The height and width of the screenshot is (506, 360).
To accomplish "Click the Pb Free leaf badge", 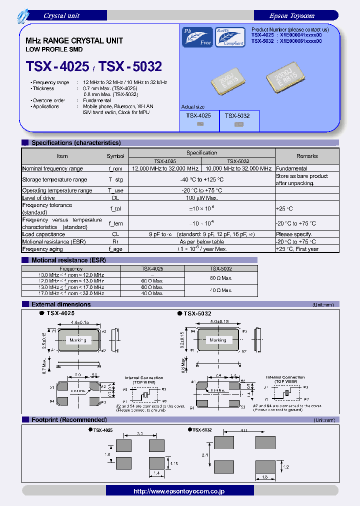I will pyautogui.click(x=197, y=37).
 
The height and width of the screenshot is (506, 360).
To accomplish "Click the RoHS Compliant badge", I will pyautogui.click(x=230, y=37).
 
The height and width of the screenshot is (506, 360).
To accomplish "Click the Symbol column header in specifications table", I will pyautogui.click(x=115, y=156).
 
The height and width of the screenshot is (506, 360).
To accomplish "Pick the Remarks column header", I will pyautogui.click(x=306, y=156).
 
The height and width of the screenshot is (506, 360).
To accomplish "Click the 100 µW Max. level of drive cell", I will pyautogui.click(x=202, y=198).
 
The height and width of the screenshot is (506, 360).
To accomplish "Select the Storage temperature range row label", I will pyautogui.click(x=54, y=179).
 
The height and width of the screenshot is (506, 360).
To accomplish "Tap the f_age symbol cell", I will pyautogui.click(x=115, y=248).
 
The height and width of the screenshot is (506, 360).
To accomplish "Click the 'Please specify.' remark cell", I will pyautogui.click(x=294, y=234).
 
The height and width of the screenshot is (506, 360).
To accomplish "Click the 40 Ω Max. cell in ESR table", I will pyautogui.click(x=152, y=293).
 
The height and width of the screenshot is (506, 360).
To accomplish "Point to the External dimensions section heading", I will pyautogui.click(x=61, y=304).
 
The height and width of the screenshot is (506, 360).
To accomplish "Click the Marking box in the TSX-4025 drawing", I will pyautogui.click(x=77, y=340).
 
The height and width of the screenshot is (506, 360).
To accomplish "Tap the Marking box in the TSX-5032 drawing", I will pyautogui.click(x=217, y=340).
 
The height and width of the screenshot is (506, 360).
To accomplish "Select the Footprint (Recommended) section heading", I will pyautogui.click(x=69, y=419).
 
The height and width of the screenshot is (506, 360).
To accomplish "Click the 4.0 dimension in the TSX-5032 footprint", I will pyautogui.click(x=244, y=430).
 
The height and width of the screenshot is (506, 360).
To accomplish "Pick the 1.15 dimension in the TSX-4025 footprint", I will pyautogui.click(x=174, y=464).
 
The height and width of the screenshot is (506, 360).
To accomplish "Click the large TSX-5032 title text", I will pyautogui.click(x=130, y=66).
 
